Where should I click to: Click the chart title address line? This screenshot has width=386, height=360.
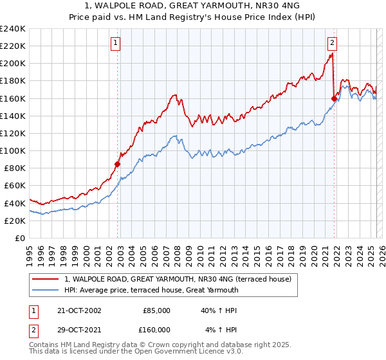[193, 6]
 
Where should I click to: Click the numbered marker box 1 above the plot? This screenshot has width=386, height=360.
[115, 43]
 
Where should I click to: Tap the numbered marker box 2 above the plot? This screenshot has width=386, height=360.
[332, 43]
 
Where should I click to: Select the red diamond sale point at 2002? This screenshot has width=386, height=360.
[118, 164]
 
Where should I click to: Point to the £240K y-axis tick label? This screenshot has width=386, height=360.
[13, 29]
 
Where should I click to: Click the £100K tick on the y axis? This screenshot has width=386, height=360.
[13, 150]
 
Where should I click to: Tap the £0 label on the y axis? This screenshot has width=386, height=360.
[19, 238]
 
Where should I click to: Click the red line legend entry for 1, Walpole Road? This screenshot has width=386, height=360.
[178, 279]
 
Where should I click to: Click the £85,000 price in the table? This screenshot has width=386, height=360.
[156, 310]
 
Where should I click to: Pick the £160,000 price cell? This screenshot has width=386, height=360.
[154, 329]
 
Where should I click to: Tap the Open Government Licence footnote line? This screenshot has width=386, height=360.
[136, 352]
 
